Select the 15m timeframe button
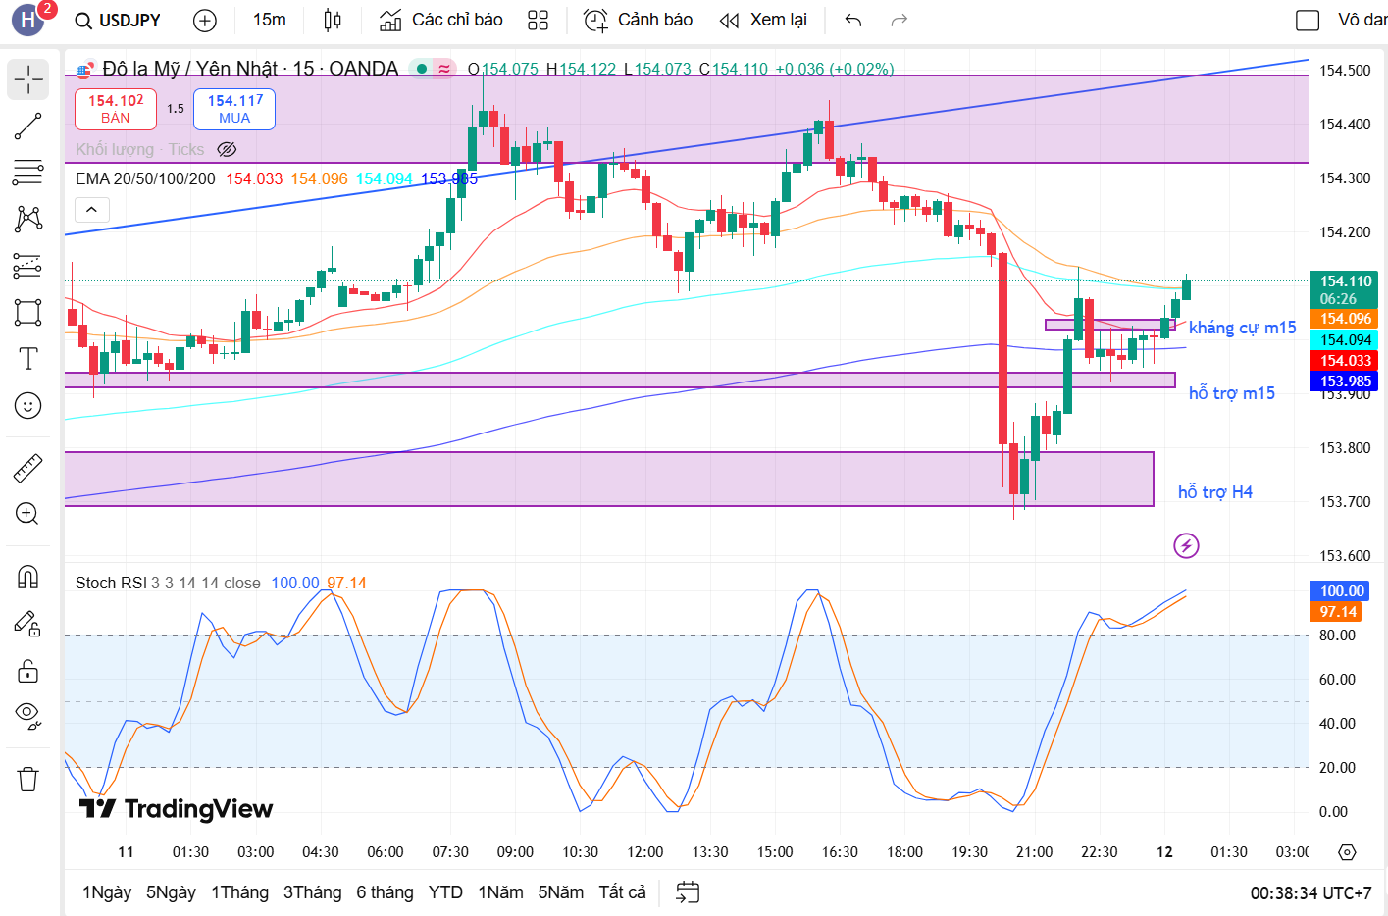click(269, 21)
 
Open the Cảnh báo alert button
click(638, 21)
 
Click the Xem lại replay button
click(763, 21)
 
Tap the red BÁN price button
click(116, 109)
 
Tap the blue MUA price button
click(234, 109)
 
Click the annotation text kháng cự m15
click(1242, 328)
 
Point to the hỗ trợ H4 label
click(1214, 492)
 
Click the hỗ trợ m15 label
click(1231, 393)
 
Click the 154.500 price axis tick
click(1345, 71)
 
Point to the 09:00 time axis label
click(515, 852)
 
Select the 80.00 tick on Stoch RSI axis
click(1337, 636)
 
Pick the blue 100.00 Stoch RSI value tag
click(1342, 591)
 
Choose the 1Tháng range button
click(239, 892)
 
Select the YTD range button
click(445, 892)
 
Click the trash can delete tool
click(28, 780)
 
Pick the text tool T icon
click(28, 359)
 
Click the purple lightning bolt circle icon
click(1186, 546)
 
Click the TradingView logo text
click(177, 809)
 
